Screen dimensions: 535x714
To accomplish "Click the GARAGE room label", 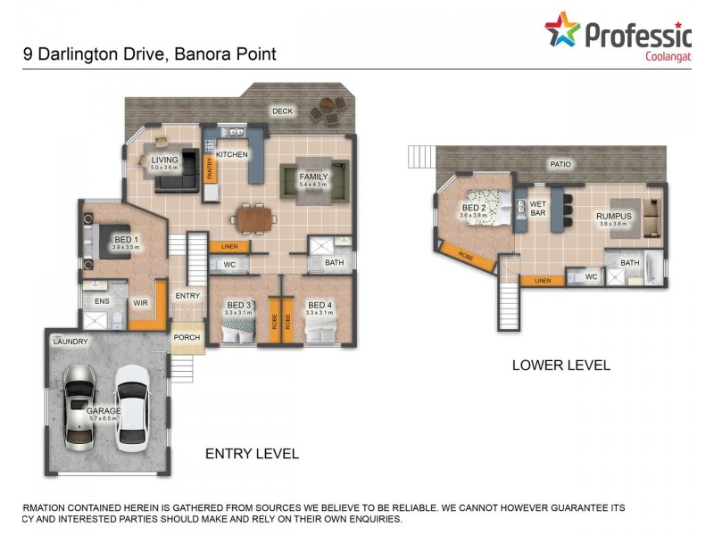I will click(x=104, y=411).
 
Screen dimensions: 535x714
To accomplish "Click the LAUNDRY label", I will click(x=71, y=342).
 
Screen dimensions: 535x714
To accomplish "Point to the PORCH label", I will click(x=187, y=337).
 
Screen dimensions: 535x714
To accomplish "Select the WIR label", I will click(x=140, y=303).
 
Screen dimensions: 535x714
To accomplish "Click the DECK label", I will click(x=283, y=111).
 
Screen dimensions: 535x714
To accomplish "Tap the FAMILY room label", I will click(x=313, y=177).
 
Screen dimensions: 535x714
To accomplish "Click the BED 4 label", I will click(x=319, y=305).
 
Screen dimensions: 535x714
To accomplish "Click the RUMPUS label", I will click(x=613, y=216).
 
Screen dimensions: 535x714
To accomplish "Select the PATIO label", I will click(x=560, y=164).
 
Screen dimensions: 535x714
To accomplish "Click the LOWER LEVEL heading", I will click(x=560, y=365).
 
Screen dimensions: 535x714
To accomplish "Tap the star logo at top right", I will click(x=562, y=29).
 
